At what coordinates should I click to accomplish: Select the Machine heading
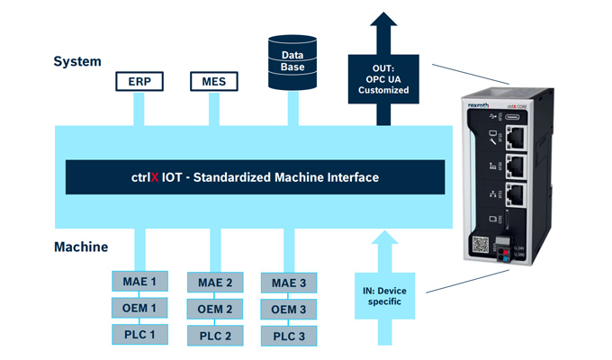82,247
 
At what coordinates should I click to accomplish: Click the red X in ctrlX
154,177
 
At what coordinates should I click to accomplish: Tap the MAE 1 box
139,283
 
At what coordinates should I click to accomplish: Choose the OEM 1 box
139,309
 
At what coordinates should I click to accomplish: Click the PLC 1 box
139,335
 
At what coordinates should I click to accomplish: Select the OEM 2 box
214,310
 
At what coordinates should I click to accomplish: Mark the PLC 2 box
214,336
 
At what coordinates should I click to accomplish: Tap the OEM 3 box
289,310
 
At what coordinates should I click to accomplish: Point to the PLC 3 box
289,336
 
